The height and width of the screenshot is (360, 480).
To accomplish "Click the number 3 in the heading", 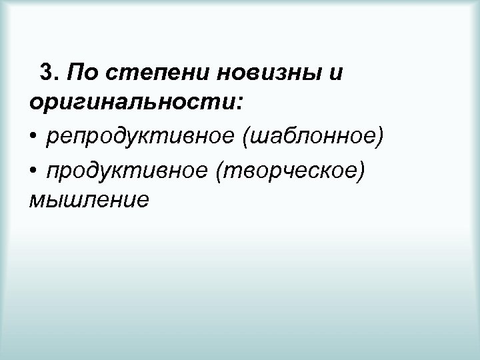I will tap(47, 71).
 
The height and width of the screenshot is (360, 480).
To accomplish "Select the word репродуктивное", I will tap(140, 138).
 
